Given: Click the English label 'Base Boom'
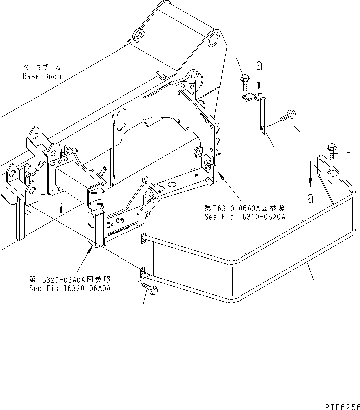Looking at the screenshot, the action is [42, 76].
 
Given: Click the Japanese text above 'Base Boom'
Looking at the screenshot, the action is [42, 68].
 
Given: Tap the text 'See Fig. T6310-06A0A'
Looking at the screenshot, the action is [245, 217].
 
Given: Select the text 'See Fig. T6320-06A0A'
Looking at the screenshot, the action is [70, 288].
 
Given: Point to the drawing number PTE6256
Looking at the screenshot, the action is [343, 407].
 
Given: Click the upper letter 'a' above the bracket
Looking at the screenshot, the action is [259, 65].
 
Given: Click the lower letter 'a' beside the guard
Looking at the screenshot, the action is [310, 198].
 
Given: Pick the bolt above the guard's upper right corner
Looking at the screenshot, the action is [331, 151].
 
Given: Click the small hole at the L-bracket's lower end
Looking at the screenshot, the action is [262, 128].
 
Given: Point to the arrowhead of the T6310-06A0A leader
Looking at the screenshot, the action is [222, 177].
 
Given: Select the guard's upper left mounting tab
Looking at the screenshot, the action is [142, 239].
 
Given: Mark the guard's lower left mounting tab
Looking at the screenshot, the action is [142, 272].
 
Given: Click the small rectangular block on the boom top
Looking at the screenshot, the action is [160, 75].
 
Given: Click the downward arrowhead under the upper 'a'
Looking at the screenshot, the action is [259, 85].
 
